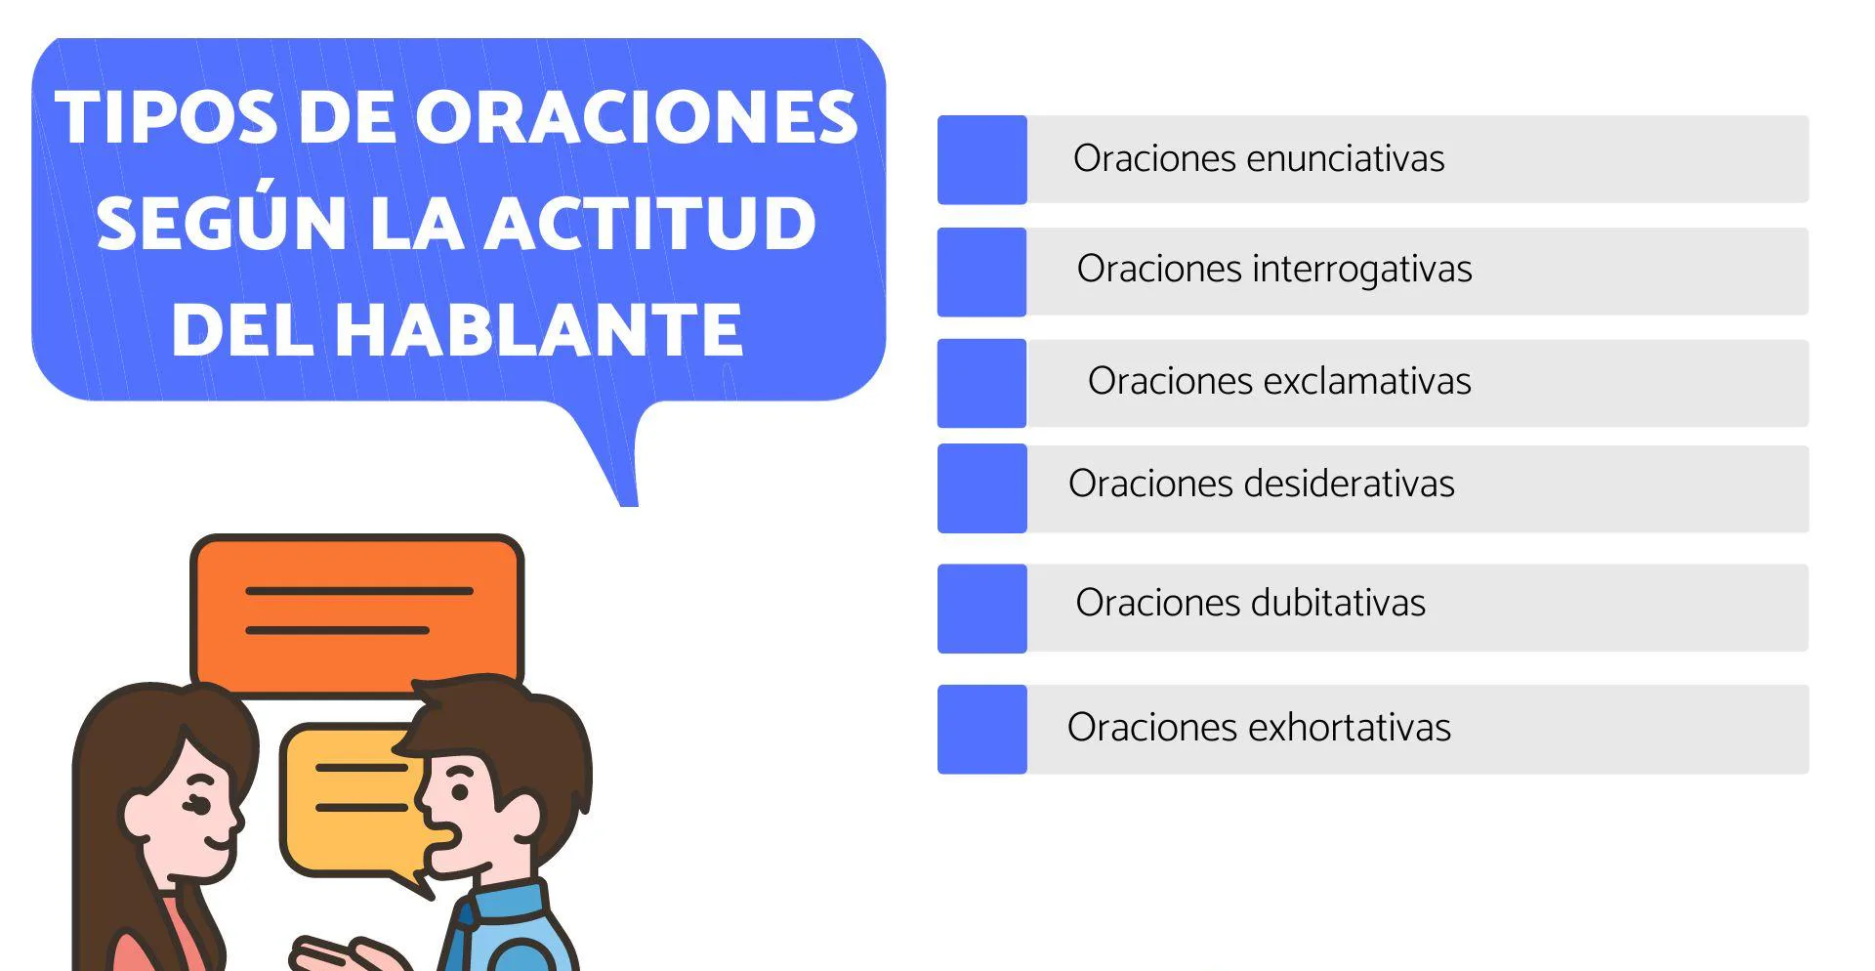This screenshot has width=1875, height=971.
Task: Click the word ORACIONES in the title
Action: coord(637,118)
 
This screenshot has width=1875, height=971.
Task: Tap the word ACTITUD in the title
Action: coord(649,224)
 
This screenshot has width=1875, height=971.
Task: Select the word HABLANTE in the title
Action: coord(538,329)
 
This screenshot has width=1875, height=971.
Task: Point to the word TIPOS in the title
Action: coord(166,118)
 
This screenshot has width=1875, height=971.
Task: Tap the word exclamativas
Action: coord(1363,381)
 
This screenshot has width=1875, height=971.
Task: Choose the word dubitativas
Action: coord(1338,603)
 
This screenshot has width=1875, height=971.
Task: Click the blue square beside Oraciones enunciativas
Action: coord(981,159)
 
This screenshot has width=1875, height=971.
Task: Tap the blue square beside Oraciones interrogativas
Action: coord(981,272)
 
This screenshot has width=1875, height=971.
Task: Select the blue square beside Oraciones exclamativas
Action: coord(981,383)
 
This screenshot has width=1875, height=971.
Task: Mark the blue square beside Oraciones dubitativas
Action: coord(981,608)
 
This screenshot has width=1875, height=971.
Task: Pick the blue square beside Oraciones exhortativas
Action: coord(981,729)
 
